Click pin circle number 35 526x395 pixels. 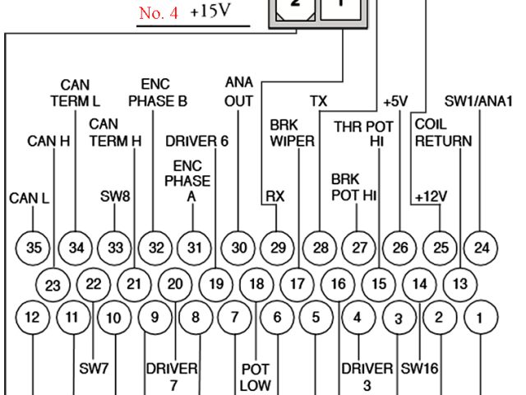(33, 246)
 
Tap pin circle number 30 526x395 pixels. (238, 246)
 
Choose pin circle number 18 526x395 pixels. (257, 285)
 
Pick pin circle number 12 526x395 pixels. (33, 317)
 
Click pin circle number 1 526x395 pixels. (482, 317)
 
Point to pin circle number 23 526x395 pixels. (53, 286)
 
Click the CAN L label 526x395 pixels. (28, 198)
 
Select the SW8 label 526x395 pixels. (113, 197)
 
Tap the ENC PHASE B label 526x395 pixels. (158, 93)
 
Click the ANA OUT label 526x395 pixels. (238, 92)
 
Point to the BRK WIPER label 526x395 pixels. (293, 133)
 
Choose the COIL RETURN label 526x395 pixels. (443, 132)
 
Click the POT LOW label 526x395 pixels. (256, 378)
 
